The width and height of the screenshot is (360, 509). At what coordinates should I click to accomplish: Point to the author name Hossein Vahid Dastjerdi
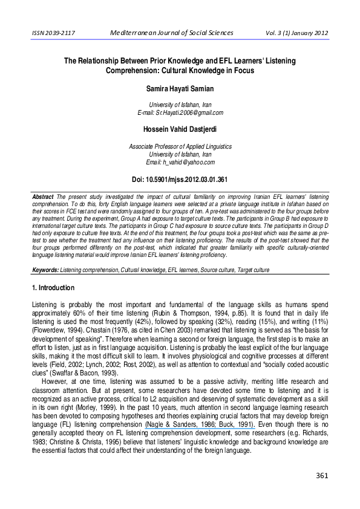(x=180, y=129)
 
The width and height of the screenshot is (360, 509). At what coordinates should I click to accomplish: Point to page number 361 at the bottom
(x=321, y=493)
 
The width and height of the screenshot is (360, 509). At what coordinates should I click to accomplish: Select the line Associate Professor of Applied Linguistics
(x=180, y=147)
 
